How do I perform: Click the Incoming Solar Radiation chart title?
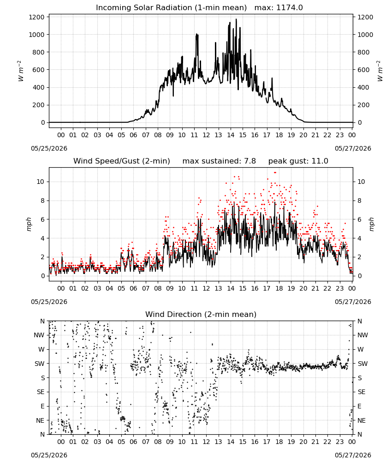tap(171, 8)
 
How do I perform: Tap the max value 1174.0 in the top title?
tap(289, 8)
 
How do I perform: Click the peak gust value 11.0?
tap(320, 161)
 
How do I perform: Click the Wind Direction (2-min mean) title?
tap(201, 314)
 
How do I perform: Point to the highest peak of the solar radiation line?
tap(236, 19)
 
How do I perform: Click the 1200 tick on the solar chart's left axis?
tap(37, 17)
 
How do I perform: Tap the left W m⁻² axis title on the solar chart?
tap(20, 71)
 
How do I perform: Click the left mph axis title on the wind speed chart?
tap(29, 224)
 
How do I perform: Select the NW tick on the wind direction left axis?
tap(39, 335)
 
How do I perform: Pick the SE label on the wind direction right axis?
tap(362, 392)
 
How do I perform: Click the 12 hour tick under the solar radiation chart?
tap(207, 135)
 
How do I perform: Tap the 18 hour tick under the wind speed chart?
tap(279, 288)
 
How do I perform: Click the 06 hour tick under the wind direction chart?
tap(133, 442)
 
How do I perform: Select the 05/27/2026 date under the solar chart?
tap(353, 148)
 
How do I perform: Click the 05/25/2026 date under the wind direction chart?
tap(49, 455)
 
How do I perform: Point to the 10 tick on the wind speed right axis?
tap(361, 182)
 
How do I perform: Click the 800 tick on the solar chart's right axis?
tap(363, 52)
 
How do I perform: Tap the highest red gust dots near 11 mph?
tap(275, 172)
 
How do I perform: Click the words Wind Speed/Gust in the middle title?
tap(107, 161)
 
